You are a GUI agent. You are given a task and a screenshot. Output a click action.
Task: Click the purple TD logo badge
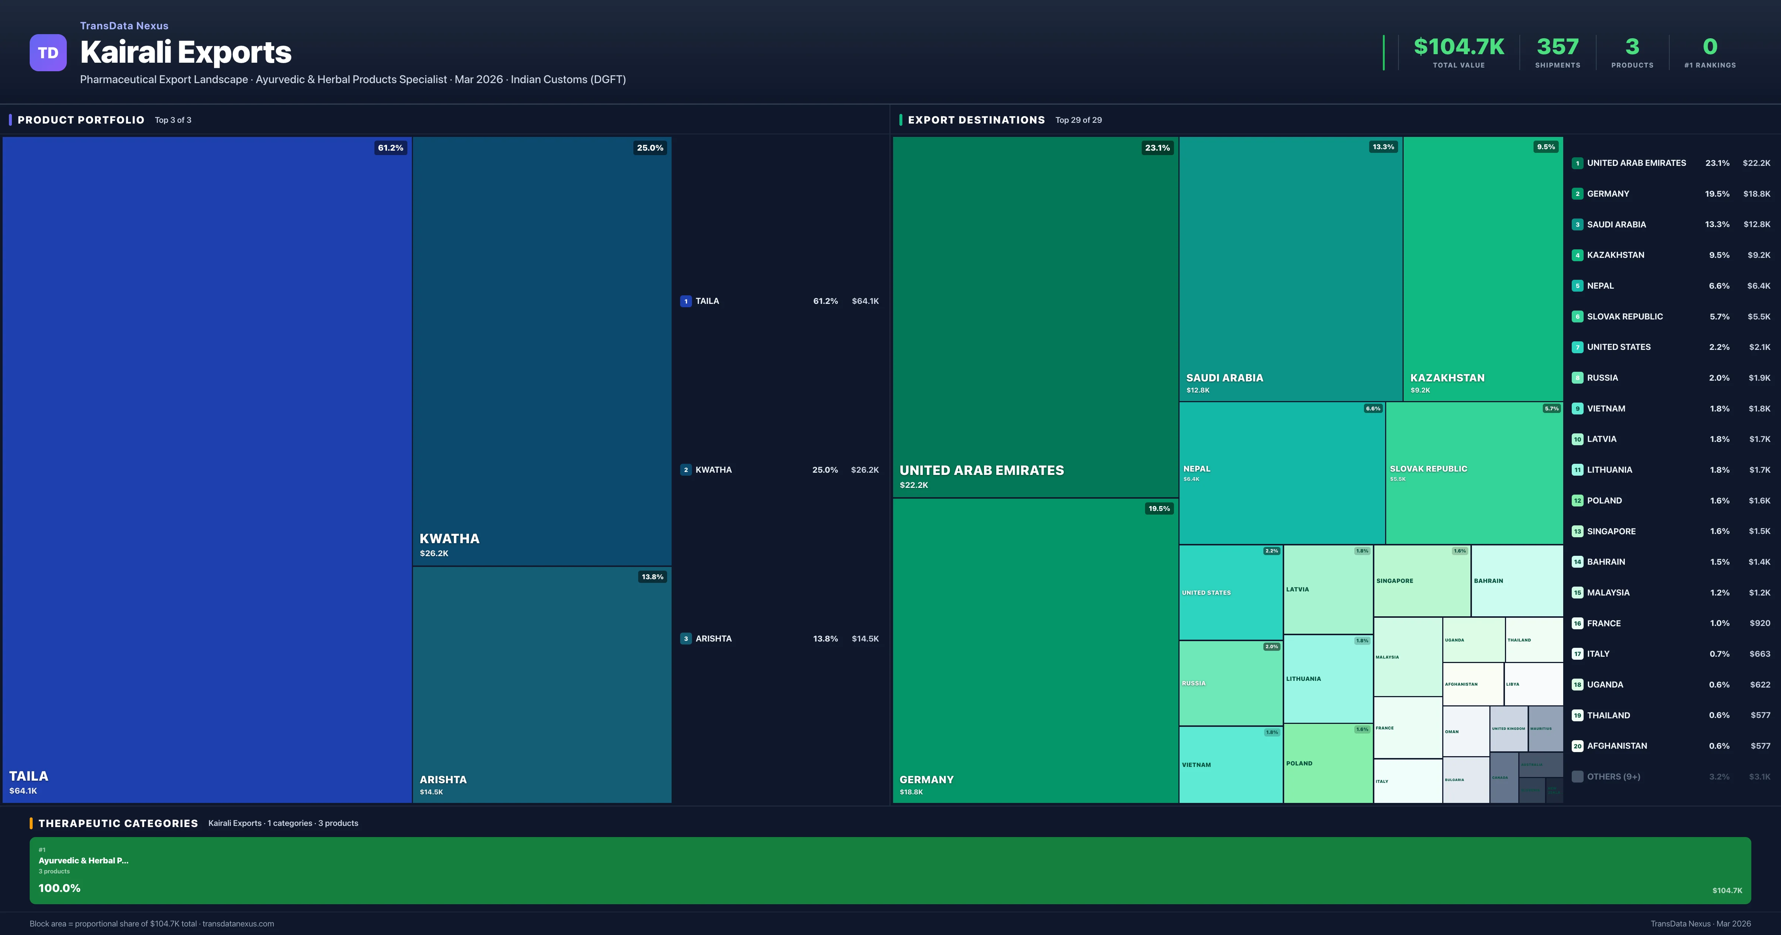pos(48,53)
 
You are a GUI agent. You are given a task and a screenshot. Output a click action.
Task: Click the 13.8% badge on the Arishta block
pos(652,577)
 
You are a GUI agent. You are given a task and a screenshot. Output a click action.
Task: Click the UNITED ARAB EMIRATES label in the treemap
pos(981,470)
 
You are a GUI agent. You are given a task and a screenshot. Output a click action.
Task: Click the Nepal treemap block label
pos(1197,469)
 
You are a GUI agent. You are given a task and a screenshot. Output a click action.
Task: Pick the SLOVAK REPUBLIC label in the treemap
pos(1429,469)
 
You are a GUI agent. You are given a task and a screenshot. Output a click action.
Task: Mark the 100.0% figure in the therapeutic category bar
pos(59,888)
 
